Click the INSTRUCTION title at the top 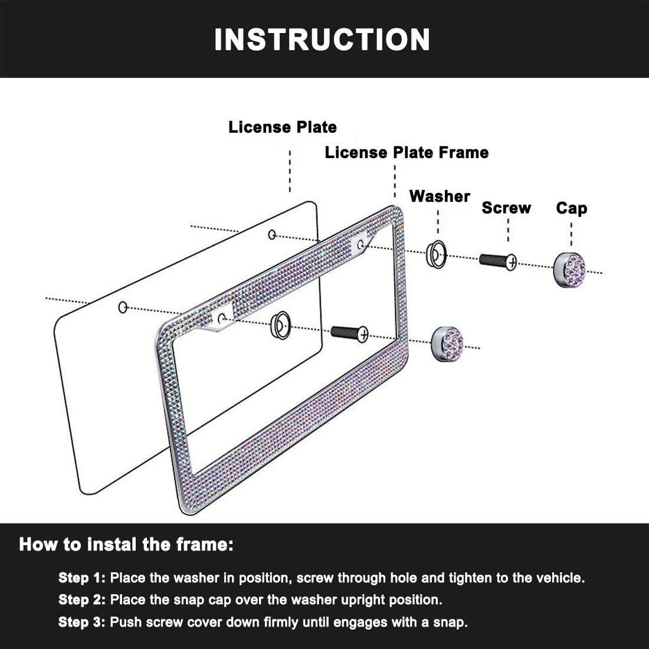point(322,40)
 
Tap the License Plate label point(283,127)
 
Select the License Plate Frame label point(407,152)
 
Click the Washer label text point(440,196)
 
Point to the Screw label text point(506,208)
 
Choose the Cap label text point(571,208)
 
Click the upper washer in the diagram point(436,254)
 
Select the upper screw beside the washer point(498,260)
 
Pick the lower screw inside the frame point(349,333)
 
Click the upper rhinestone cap point(570,270)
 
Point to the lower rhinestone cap point(447,343)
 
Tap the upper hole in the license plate point(272,235)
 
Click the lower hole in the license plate point(123,307)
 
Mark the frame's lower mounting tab point(222,319)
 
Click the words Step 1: point(82,578)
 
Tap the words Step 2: point(82,600)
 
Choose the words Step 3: point(82,622)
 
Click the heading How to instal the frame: point(126,544)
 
